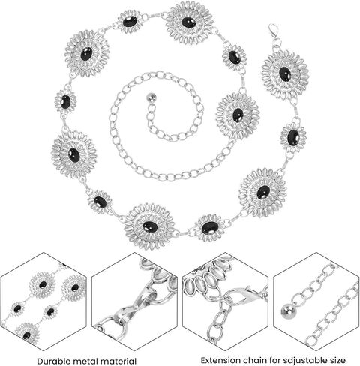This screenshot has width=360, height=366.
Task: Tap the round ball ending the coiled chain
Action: click(152, 97)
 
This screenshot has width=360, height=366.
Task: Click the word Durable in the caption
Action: click(53, 361)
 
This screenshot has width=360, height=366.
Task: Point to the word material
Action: click(118, 361)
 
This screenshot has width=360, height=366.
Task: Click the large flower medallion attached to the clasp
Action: click(285, 74)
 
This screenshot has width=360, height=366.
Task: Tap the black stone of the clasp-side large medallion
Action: click(285, 74)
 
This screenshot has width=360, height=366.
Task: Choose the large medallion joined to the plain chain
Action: click(238, 115)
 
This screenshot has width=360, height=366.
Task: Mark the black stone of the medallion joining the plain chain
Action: click(238, 115)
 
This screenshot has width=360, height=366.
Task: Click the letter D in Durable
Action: click(40, 361)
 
